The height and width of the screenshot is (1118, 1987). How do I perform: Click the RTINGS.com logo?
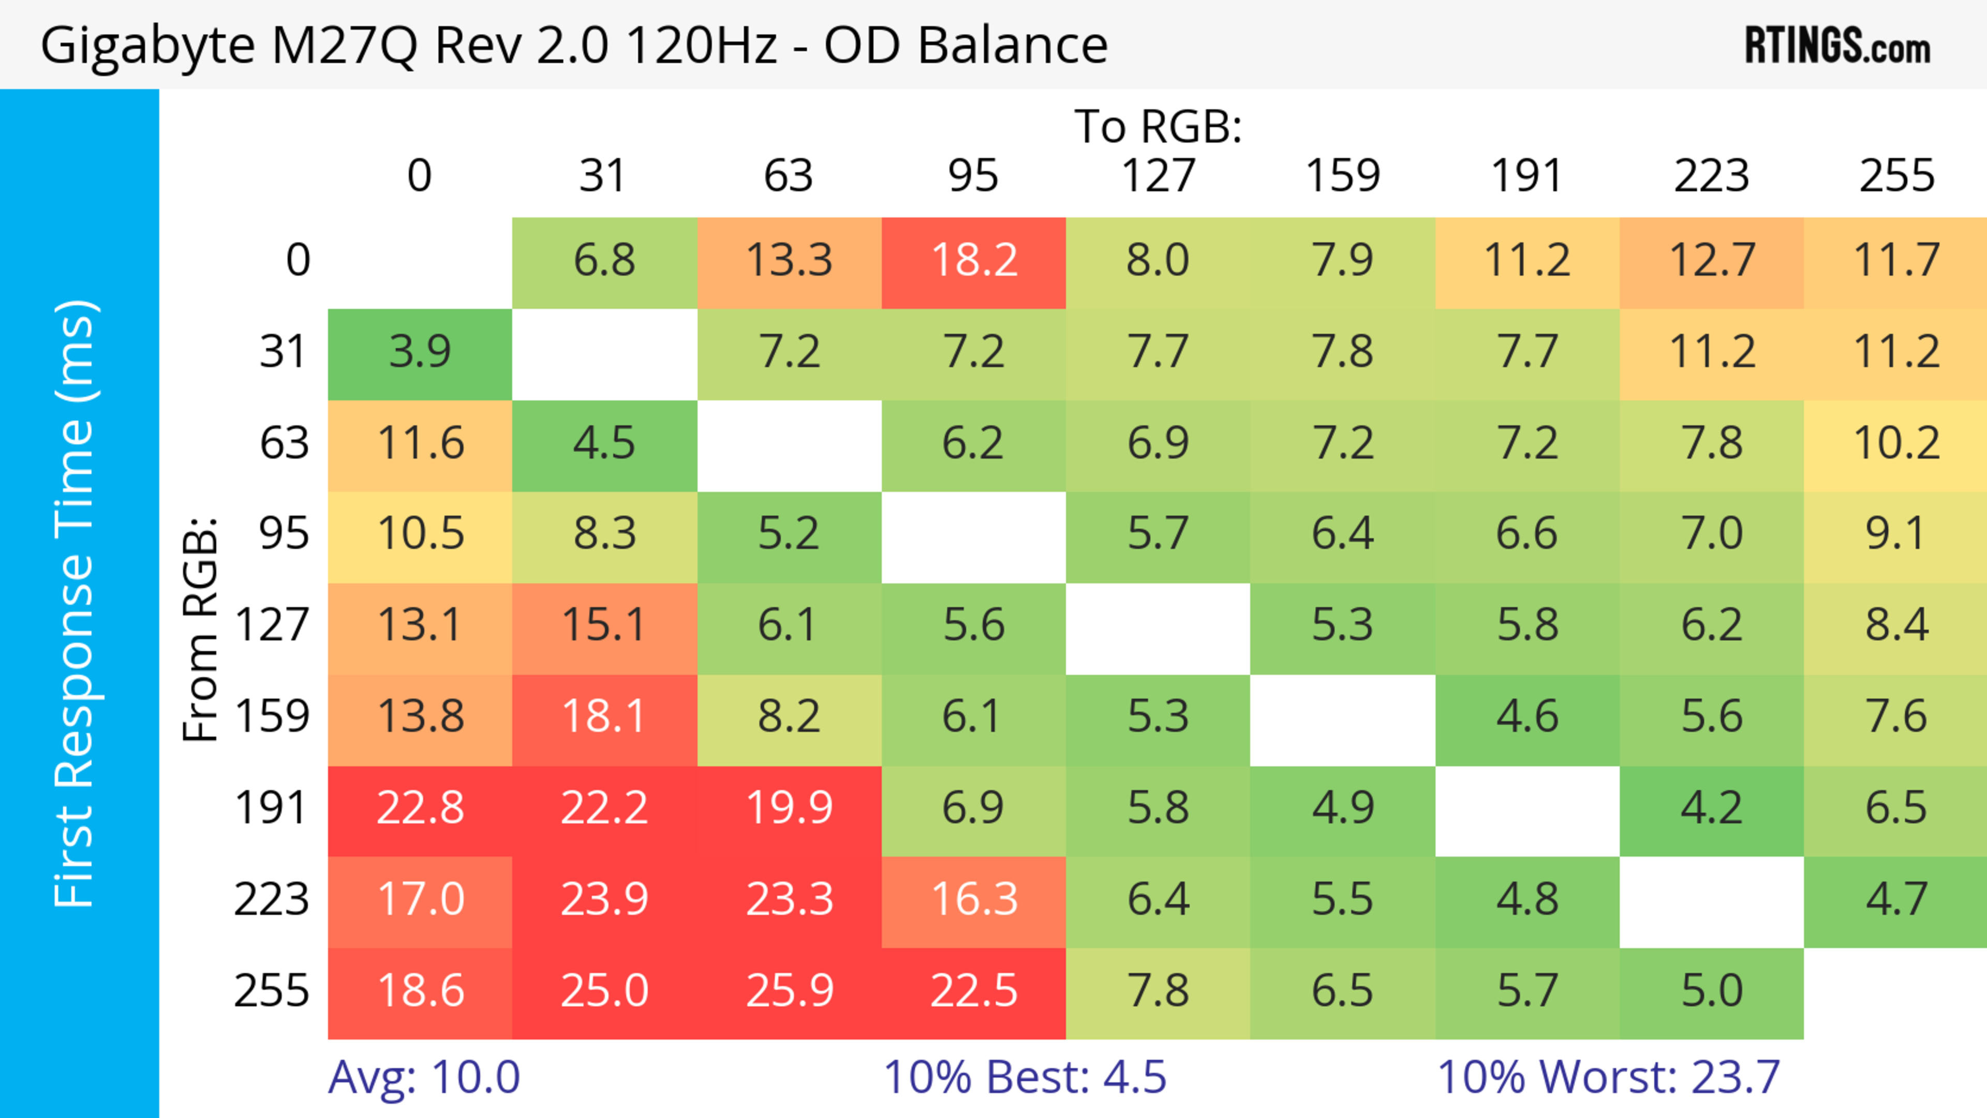point(1837,44)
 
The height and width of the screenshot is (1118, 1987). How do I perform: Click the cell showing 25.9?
point(789,991)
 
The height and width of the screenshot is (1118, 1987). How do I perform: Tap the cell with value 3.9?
point(420,352)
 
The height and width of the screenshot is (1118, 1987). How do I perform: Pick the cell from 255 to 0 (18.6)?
point(420,991)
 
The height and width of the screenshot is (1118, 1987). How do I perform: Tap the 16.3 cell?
point(973,900)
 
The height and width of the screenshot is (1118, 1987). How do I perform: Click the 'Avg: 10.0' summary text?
point(424,1077)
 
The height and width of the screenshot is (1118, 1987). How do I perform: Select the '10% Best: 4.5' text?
point(1025,1077)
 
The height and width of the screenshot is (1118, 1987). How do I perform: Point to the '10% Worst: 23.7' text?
point(1608,1077)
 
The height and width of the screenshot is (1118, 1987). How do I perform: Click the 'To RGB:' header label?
point(1158,126)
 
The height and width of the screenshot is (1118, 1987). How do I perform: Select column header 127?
point(1158,176)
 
